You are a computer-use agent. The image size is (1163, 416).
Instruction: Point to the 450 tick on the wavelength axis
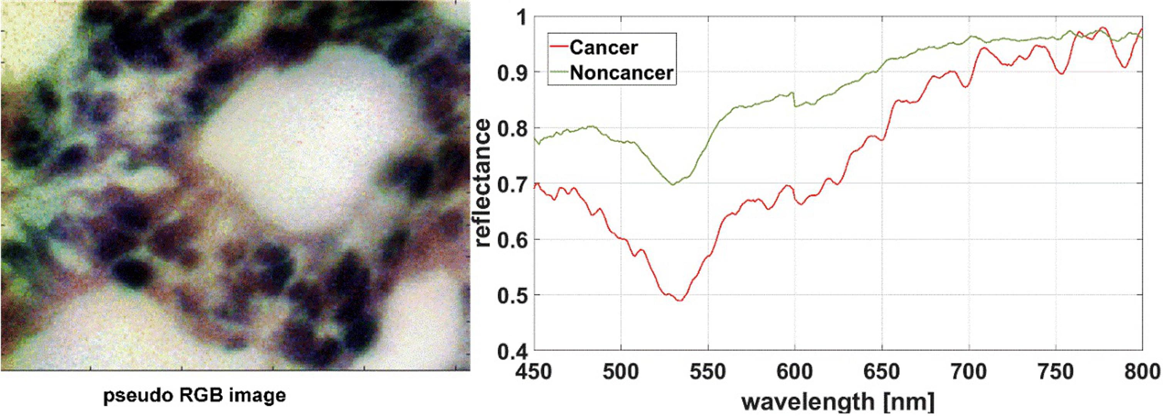[x=534, y=371]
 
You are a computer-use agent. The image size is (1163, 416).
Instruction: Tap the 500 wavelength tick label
[x=621, y=371]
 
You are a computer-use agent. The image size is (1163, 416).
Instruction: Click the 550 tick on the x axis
[x=708, y=371]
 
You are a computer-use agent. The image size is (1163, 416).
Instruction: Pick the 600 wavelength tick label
[x=795, y=371]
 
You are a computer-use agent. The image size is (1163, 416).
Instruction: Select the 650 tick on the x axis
[x=882, y=371]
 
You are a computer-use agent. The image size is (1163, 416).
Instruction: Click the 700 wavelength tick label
[x=969, y=371]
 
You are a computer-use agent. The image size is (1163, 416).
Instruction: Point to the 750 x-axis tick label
[x=1055, y=371]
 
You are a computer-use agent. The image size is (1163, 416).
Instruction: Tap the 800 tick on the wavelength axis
[x=1142, y=371]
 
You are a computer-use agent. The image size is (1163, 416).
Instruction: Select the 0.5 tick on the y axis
[x=512, y=295]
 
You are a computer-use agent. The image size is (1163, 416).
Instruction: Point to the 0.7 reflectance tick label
[x=512, y=184]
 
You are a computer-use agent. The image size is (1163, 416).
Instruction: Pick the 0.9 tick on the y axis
[x=512, y=72]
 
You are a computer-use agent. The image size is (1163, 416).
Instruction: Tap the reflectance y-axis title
[x=482, y=183]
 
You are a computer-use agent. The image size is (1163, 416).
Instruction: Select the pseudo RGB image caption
[x=195, y=396]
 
